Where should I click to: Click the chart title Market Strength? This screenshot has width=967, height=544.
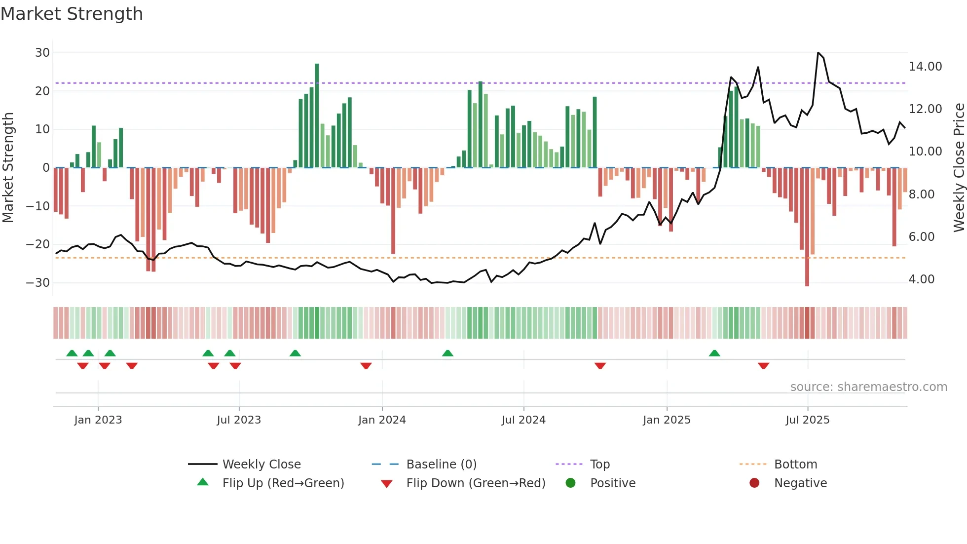72,14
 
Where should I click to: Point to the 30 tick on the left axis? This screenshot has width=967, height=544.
42,53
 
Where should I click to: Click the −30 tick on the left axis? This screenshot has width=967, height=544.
38,283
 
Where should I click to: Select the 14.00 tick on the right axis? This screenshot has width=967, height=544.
925,67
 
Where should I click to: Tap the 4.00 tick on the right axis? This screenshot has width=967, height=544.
921,279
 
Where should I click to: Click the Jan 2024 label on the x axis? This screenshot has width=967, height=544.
382,420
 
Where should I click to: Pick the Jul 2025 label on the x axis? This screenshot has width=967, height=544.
807,420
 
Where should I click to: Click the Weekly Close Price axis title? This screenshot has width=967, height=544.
959,168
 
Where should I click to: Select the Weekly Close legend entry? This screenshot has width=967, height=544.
261,465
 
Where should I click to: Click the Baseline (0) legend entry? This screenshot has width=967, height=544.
441,465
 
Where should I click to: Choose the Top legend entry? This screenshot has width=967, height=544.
599,465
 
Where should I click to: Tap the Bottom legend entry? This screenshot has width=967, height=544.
795,465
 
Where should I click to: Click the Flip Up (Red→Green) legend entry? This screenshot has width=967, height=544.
283,483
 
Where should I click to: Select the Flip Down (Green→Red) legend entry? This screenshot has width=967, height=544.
476,483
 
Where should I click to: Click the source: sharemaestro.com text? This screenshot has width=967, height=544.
868,387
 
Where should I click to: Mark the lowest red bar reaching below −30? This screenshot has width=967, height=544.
807,227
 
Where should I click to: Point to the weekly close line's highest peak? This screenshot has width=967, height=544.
818,53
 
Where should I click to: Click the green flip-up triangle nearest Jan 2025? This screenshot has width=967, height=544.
714,353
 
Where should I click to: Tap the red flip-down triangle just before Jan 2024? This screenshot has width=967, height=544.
366,366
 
